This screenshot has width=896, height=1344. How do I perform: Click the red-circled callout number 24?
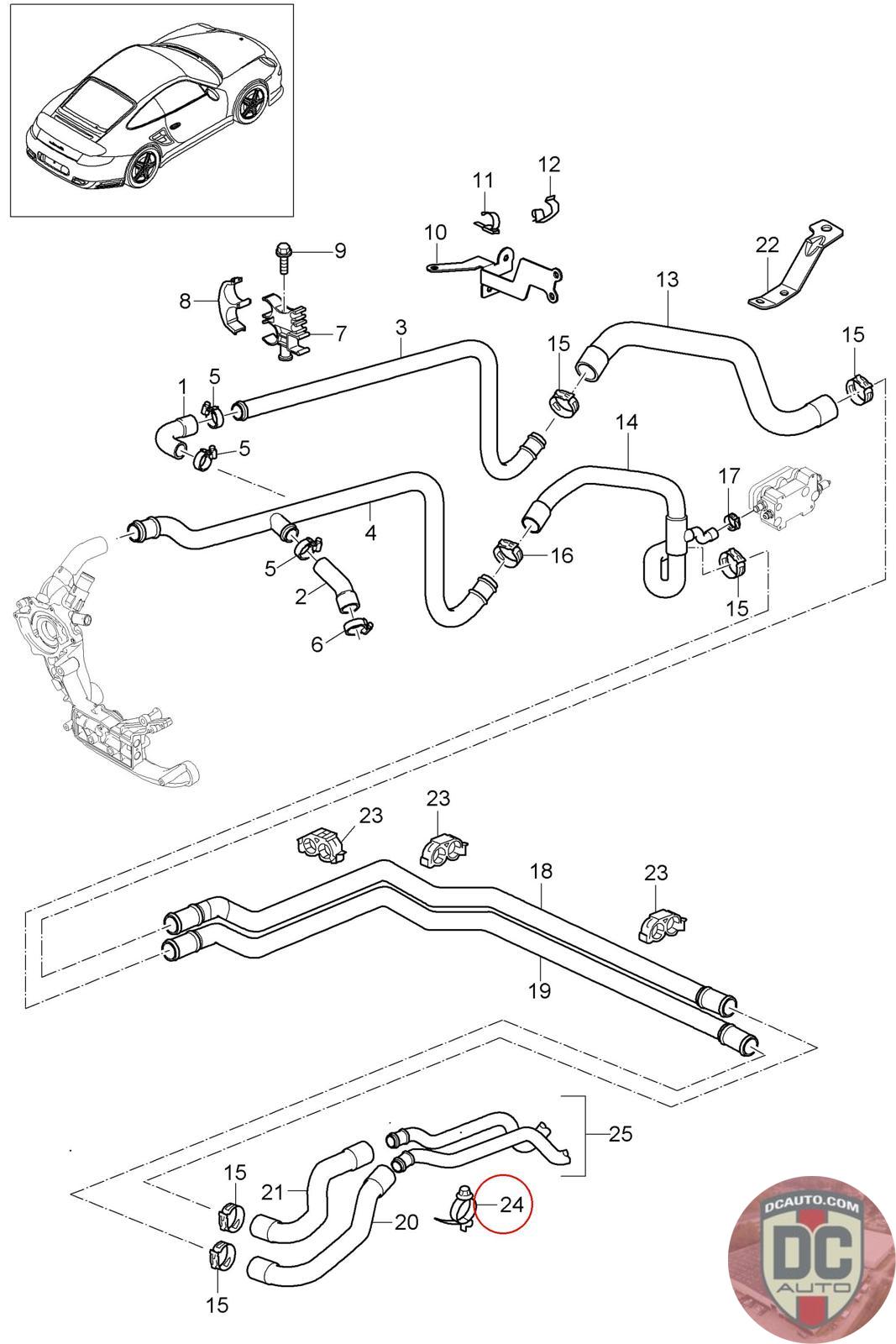click(x=511, y=1204)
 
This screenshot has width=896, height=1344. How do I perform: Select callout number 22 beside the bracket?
click(x=767, y=244)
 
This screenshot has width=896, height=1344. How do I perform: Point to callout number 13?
click(x=668, y=279)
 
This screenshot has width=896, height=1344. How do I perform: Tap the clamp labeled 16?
click(x=508, y=553)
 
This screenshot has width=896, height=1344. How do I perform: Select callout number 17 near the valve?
click(x=729, y=476)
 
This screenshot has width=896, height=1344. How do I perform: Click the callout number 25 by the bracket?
click(x=620, y=1133)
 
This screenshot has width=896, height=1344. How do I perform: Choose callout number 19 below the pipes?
click(x=540, y=990)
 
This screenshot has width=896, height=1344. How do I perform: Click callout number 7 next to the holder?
click(x=341, y=333)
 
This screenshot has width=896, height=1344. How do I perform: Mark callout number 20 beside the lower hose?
click(x=406, y=1222)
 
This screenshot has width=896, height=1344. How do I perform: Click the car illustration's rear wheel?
click(x=143, y=164)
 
